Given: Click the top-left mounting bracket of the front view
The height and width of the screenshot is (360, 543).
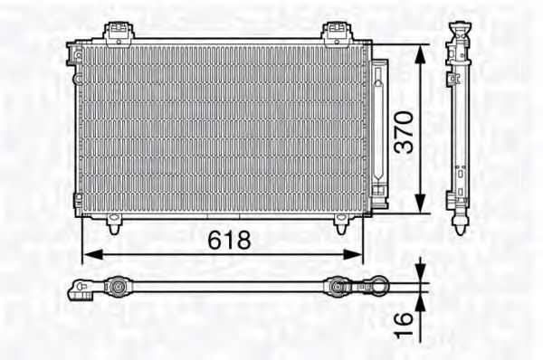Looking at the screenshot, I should pos(116,33).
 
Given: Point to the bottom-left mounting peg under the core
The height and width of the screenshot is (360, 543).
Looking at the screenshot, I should pos(114,222).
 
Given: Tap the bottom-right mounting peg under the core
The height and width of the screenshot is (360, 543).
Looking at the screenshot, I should pos(342,223).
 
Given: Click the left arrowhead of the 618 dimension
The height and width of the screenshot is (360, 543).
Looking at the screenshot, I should pos(88,253).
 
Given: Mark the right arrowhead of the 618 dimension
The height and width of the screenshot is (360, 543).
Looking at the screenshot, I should pos(357,253).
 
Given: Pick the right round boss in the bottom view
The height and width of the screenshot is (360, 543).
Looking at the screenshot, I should pos(337,289).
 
